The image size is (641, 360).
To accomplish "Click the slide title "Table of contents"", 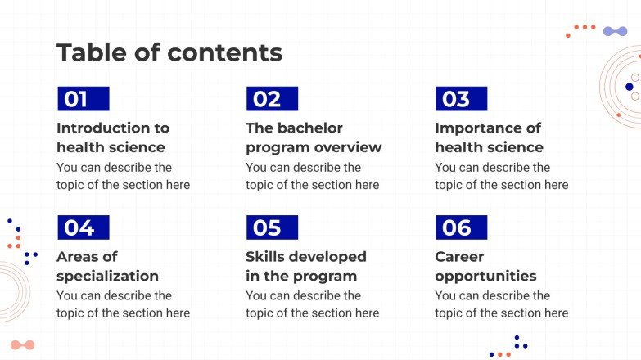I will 169,53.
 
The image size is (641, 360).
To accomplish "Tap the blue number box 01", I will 83,99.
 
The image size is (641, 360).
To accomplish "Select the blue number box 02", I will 272,99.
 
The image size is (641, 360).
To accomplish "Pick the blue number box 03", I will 461,99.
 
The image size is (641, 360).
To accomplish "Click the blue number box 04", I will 83,227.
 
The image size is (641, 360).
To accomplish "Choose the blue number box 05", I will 272,227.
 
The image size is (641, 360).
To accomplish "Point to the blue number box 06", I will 461,227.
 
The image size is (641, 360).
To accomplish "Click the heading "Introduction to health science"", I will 113,137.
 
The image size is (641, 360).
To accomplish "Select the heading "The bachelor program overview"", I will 314,137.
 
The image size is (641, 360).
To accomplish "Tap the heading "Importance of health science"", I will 489,137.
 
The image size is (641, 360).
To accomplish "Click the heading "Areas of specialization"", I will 107,266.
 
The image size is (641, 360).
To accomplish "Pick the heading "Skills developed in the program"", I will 305,266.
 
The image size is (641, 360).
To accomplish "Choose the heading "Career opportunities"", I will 485,266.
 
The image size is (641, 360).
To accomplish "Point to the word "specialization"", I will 107,276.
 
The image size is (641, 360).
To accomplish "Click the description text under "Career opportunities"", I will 501,304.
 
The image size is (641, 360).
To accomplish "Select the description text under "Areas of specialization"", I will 123,304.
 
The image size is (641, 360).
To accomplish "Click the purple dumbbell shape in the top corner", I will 615,31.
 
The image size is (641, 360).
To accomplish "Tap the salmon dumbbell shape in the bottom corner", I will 23,345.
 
